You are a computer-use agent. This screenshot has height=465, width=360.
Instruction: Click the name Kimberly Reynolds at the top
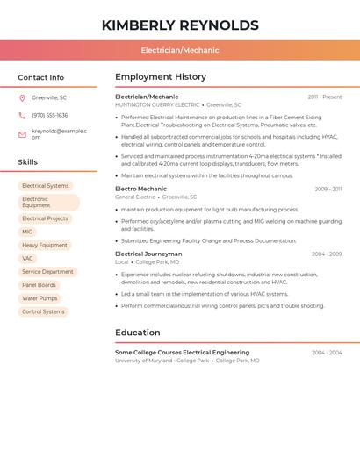[x=180, y=25]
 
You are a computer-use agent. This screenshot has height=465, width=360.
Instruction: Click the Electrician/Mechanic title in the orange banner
[x=180, y=50]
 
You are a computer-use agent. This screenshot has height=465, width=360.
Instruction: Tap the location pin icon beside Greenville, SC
[x=22, y=97]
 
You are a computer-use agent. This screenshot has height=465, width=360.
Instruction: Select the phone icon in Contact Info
[x=22, y=115]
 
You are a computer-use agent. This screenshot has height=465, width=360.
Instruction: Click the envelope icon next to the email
[x=22, y=134]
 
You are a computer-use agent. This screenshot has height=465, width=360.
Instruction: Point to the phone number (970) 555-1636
[x=49, y=115]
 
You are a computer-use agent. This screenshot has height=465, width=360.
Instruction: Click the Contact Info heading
[x=40, y=77]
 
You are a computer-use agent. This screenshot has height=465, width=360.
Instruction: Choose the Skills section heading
[x=28, y=162]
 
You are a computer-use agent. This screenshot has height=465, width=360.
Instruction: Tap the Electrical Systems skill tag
[x=46, y=186]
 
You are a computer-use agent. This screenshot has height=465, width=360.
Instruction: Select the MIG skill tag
[x=27, y=232]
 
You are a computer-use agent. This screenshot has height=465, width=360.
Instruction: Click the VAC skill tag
[x=27, y=258]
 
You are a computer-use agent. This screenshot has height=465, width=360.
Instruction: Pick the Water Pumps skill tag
[x=40, y=298]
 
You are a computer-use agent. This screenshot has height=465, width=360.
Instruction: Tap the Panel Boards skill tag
[x=39, y=285]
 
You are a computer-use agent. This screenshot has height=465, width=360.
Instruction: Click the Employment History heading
[x=161, y=77]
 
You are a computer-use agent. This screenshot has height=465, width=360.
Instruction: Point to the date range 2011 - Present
[x=325, y=97]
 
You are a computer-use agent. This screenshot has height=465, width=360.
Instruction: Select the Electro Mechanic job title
[x=140, y=189]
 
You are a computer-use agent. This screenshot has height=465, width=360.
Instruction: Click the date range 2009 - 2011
[x=328, y=189]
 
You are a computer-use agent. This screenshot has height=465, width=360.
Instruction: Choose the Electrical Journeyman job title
[x=148, y=254]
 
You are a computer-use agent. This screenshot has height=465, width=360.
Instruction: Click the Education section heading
[x=137, y=333]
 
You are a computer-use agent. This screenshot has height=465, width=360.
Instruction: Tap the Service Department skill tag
[x=47, y=272]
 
